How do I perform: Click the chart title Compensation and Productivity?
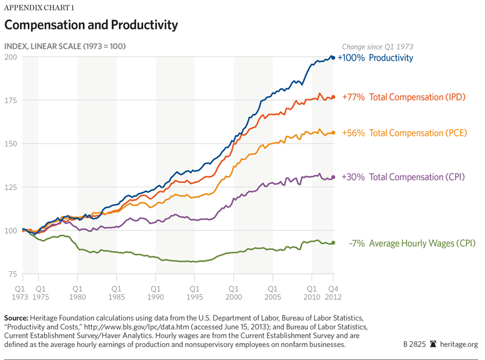pyautogui.click(x=91, y=25)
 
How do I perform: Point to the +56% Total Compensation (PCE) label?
pyautogui.click(x=404, y=133)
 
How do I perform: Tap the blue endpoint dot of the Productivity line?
pyautogui.click(x=333, y=58)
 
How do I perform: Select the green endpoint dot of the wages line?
pyautogui.click(x=333, y=242)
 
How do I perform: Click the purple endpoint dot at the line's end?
pyautogui.click(x=333, y=177)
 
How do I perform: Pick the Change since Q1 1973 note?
pyautogui.click(x=377, y=46)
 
